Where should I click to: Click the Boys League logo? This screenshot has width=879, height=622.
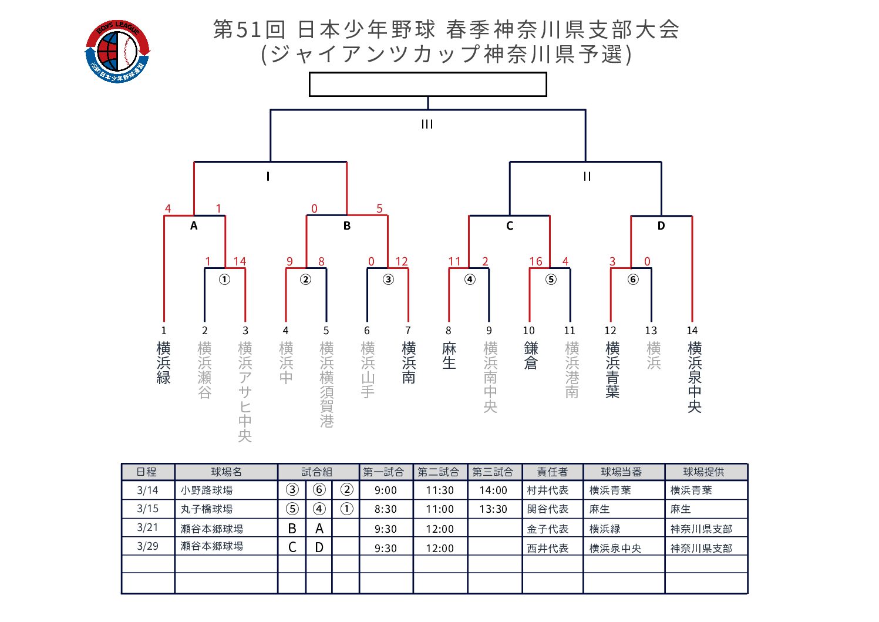pyautogui.click(x=117, y=52)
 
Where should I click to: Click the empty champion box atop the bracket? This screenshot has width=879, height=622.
pyautogui.click(x=427, y=84)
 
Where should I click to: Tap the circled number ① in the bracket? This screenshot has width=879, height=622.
pyautogui.click(x=224, y=280)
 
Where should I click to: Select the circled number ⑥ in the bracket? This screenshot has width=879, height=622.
pyautogui.click(x=633, y=280)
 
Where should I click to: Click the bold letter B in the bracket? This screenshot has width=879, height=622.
pyautogui.click(x=347, y=226)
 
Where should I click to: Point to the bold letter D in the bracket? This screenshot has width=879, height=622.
pyautogui.click(x=661, y=226)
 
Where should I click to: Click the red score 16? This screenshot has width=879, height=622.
pyautogui.click(x=536, y=261)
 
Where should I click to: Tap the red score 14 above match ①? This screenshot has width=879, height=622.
pyautogui.click(x=240, y=261)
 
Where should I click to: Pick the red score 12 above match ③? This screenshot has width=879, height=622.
pyautogui.click(x=402, y=261)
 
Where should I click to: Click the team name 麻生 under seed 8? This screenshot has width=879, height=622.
pyautogui.click(x=449, y=356)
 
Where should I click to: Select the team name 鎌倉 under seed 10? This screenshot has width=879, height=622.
pyautogui.click(x=531, y=356)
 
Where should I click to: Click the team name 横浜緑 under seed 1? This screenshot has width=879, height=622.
pyautogui.click(x=164, y=363)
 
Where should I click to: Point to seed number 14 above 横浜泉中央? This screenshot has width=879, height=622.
pyautogui.click(x=692, y=331)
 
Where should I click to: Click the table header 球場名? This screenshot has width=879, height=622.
pyautogui.click(x=226, y=472)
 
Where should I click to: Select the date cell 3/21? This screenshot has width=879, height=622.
pyautogui.click(x=147, y=528)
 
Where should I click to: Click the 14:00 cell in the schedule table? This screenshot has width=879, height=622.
pyautogui.click(x=493, y=490)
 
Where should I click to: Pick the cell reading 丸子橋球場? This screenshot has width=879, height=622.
pyautogui.click(x=207, y=509)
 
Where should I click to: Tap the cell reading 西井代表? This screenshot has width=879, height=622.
pyautogui.click(x=548, y=548)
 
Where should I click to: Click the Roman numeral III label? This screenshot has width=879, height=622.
pyautogui.click(x=427, y=125)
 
